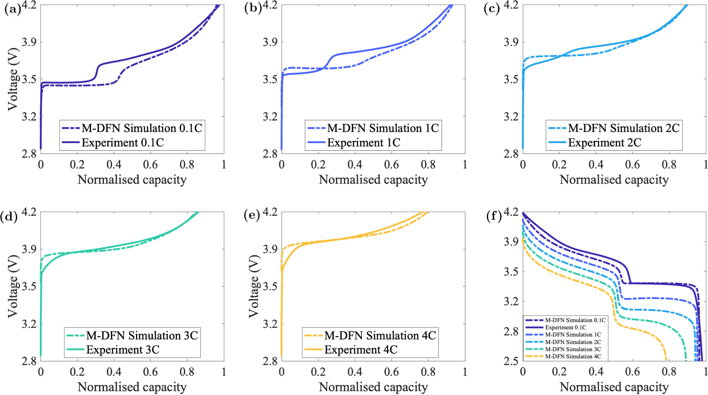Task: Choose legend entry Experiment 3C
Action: click(123, 350)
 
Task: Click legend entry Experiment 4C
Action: click(361, 350)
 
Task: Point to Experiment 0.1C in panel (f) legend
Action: click(565, 328)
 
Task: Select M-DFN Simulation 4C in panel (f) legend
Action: click(573, 356)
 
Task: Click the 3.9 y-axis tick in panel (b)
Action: click(270, 42)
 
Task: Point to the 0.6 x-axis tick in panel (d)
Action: click(150, 372)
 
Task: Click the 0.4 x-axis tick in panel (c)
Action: click(596, 165)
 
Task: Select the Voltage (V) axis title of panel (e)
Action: click(254, 286)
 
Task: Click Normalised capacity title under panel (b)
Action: click(373, 180)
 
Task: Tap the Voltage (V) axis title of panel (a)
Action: click(13, 79)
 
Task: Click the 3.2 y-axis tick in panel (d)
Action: click(29, 324)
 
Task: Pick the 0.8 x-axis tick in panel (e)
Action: click(428, 372)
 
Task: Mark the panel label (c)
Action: click(491, 9)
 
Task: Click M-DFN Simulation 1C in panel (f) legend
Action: click(573, 335)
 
